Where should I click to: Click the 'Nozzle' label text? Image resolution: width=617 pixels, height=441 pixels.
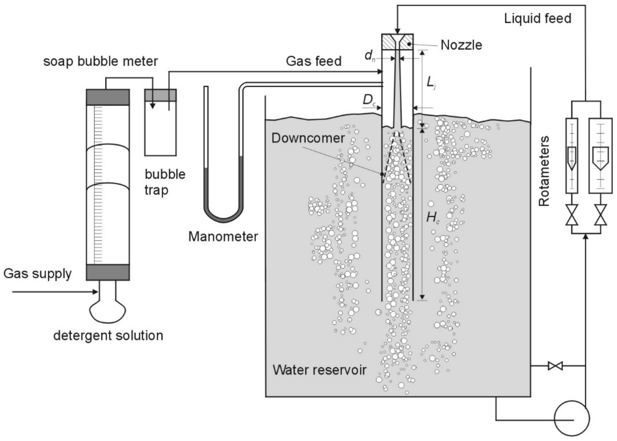[x=461, y=45]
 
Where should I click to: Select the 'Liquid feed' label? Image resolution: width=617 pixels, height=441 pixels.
[x=538, y=19]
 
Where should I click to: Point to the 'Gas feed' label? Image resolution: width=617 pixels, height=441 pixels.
[x=313, y=61]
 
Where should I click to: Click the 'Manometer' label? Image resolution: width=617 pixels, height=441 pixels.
[x=223, y=236]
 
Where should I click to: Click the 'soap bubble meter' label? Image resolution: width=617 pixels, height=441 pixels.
[x=100, y=61]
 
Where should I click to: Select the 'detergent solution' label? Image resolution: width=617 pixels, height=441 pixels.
[x=108, y=336]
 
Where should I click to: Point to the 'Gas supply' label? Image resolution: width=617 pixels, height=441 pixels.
[x=37, y=273]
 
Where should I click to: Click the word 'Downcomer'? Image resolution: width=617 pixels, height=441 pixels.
[x=308, y=138]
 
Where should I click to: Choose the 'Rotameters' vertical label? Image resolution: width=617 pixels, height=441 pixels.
[x=544, y=171]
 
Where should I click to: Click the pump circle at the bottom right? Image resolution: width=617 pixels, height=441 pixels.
[x=571, y=418]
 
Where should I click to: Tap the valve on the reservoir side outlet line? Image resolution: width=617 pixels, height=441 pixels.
[x=555, y=366]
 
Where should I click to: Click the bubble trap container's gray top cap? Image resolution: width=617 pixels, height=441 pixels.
[x=160, y=95]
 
